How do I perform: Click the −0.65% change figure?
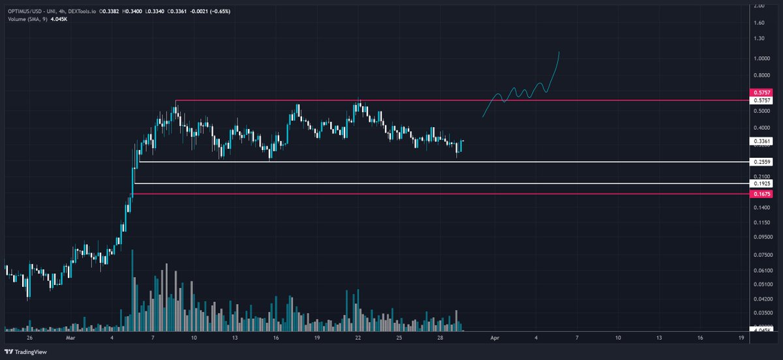[213, 12]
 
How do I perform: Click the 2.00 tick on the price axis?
[759, 6]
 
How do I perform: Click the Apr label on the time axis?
[495, 339]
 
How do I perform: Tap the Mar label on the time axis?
[70, 339]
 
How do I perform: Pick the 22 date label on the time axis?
[358, 339]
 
